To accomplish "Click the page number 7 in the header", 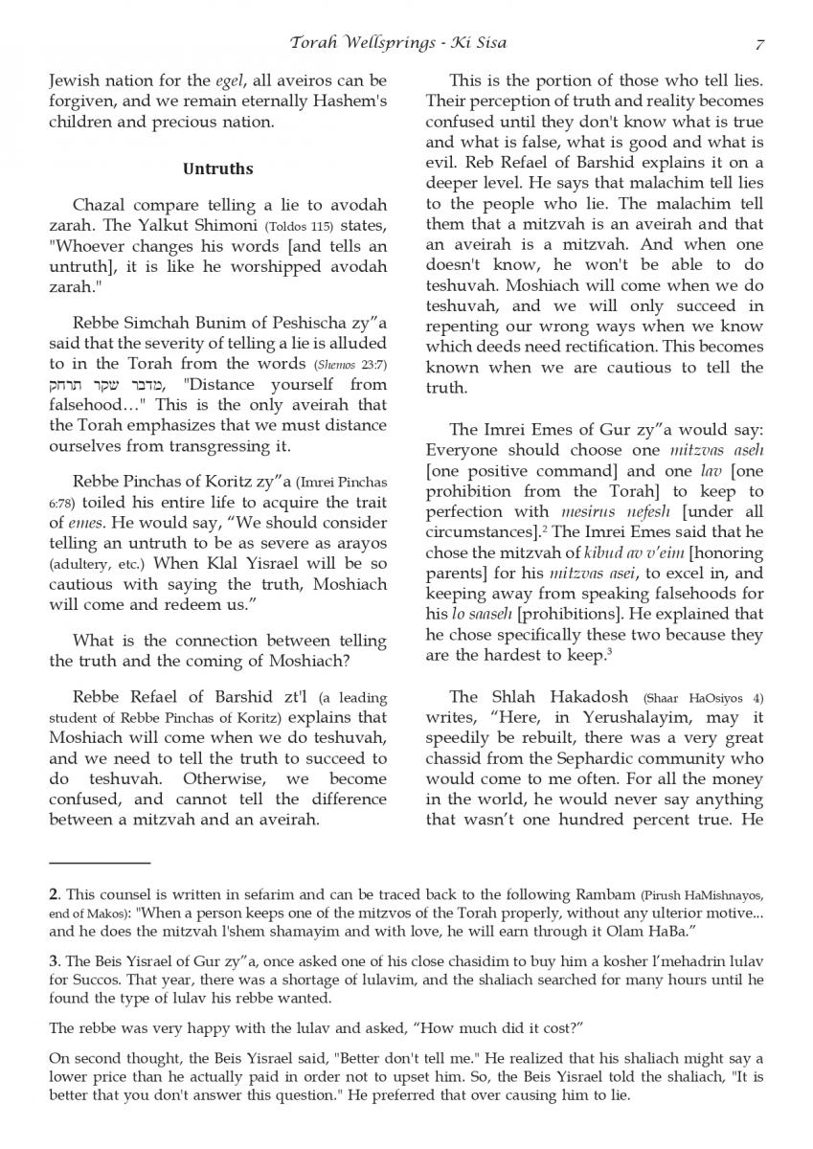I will [759, 43].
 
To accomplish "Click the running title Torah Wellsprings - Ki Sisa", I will [398, 43].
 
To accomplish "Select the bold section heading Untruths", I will [217, 169].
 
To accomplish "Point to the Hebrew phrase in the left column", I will [106, 385].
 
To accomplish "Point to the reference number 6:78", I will [62, 503].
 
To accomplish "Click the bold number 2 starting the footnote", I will [53, 895].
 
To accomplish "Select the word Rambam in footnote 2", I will [599, 895].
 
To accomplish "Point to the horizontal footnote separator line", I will [100, 863].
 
